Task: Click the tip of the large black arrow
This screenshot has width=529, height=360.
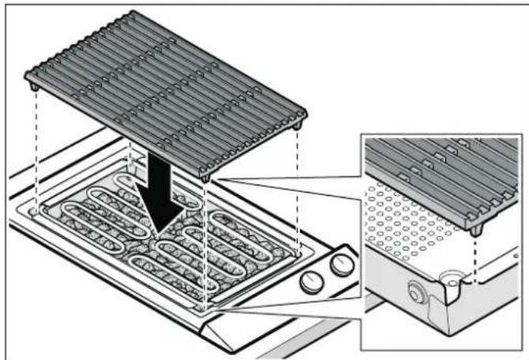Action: pyautogui.click(x=161, y=234)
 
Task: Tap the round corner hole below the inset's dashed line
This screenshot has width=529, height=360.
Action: pyautogui.click(x=452, y=277)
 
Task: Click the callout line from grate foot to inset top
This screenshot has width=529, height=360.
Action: pyautogui.click(x=284, y=158)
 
